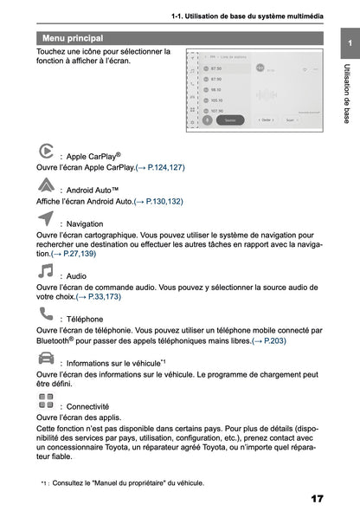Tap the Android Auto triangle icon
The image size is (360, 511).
(x=46, y=184)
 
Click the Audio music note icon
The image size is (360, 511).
(x=46, y=271)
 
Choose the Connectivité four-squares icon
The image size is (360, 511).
(x=46, y=400)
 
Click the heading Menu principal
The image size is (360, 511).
(x=72, y=39)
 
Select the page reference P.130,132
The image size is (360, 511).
(x=158, y=201)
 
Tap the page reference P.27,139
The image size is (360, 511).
(x=74, y=254)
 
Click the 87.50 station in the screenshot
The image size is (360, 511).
(x=215, y=68)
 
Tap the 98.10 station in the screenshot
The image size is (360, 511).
(x=215, y=89)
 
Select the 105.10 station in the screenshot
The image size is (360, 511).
(x=215, y=100)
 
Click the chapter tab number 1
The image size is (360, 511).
(x=347, y=44)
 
